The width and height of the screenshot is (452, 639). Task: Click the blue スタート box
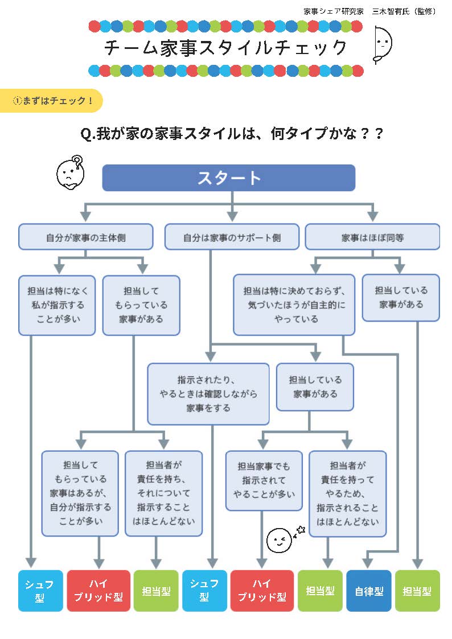coord(228,178)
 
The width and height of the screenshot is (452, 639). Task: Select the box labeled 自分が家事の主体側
coord(85,237)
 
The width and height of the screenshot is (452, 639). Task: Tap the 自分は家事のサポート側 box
coord(232,237)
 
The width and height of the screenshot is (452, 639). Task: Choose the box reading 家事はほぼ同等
coord(372,237)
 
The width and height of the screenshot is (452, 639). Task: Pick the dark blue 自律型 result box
coord(369,591)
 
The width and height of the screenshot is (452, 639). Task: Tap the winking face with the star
coord(278,539)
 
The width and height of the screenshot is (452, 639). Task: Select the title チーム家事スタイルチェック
coord(225,47)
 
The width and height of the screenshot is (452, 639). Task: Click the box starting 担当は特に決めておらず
coord(294,305)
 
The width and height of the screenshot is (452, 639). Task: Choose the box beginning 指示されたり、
coord(208,394)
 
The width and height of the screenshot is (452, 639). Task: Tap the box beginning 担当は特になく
coord(56,305)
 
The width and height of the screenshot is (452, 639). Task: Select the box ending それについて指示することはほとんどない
coord(163,493)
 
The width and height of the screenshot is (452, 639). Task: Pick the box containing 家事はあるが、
coord(80,493)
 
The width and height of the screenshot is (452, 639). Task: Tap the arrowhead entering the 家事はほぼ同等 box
coord(372,217)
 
